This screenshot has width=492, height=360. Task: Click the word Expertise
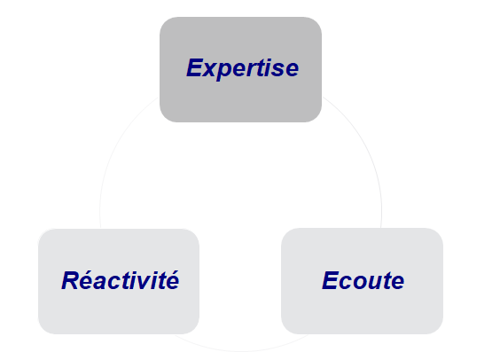point(242,68)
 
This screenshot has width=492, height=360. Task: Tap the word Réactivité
point(121,280)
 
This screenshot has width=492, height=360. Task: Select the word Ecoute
point(363,280)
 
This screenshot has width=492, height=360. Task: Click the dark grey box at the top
point(240,69)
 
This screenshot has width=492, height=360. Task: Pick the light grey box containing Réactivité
point(119,281)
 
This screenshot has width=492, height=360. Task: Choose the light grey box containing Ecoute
point(362,281)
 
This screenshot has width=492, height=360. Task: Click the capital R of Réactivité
point(71,280)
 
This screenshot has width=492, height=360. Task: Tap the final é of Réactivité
point(172,280)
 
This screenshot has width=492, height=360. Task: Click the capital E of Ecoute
point(332,280)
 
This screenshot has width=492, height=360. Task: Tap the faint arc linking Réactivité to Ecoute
point(241,351)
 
